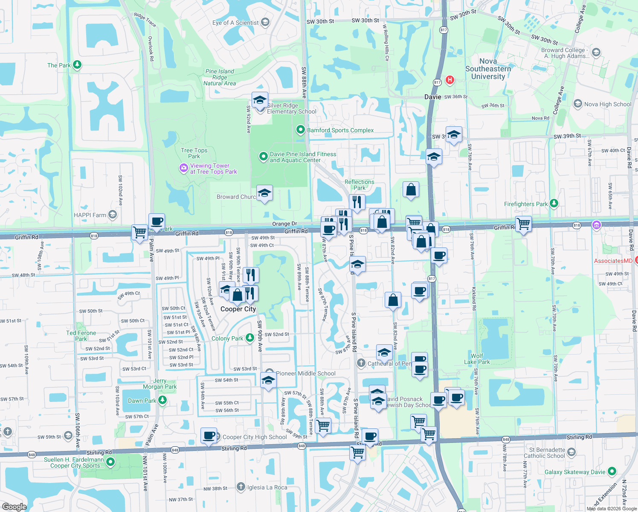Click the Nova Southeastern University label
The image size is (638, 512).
488,69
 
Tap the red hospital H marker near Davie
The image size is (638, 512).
449,80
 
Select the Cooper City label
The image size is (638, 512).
238,309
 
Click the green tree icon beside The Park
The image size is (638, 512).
77,65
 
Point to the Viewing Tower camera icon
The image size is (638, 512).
183,168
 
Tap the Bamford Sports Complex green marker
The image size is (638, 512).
301,130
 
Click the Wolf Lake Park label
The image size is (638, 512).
477,359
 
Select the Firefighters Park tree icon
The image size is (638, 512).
554,204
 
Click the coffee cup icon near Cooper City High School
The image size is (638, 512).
209,436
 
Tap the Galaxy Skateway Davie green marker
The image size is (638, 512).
612,471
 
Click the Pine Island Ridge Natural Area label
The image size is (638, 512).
220,77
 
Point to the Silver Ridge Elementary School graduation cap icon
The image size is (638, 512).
260,101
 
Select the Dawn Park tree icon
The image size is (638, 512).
162,400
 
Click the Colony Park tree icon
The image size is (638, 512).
249,338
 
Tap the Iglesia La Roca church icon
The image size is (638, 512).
241,487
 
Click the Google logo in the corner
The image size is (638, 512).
14,506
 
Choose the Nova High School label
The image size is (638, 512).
607,104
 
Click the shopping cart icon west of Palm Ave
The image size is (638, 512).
139,233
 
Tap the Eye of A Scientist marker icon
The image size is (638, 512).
265,22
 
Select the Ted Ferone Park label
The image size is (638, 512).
81,336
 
